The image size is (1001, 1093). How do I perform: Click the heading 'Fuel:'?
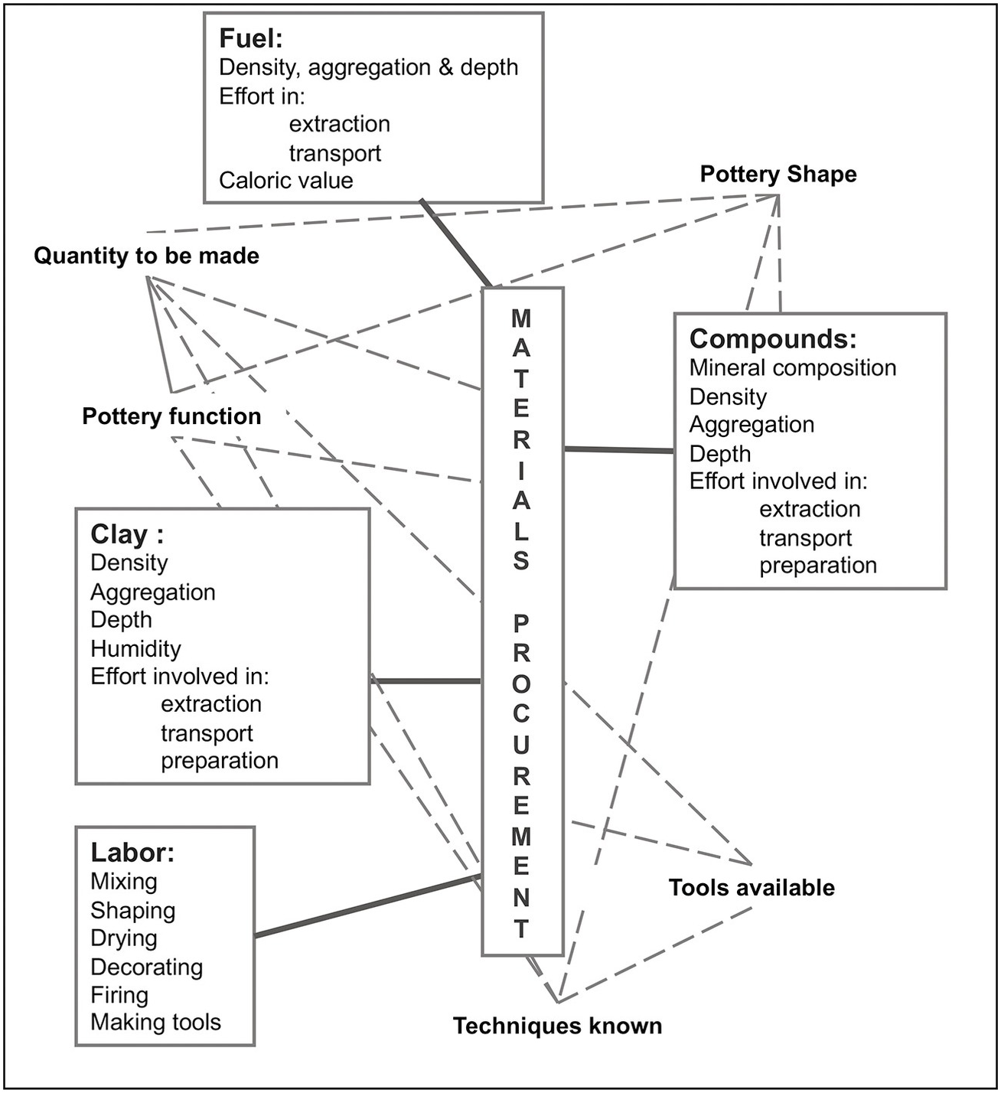(x=251, y=38)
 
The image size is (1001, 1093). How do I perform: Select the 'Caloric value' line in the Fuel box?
(x=286, y=181)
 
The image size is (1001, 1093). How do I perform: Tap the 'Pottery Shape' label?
(x=778, y=175)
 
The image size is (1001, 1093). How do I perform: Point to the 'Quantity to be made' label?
(x=146, y=256)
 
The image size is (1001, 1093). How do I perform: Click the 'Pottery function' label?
(x=171, y=416)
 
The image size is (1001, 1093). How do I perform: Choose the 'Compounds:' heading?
(x=773, y=338)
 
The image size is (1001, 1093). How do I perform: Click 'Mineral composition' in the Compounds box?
(x=793, y=367)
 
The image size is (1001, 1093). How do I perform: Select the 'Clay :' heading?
(x=127, y=534)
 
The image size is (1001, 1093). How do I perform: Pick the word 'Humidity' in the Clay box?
(x=135, y=648)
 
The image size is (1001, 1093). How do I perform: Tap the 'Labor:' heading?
(x=132, y=853)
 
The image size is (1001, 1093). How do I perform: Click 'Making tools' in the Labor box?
(x=155, y=1023)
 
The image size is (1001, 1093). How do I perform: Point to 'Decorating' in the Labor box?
(x=146, y=967)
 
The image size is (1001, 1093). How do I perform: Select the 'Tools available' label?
(x=752, y=888)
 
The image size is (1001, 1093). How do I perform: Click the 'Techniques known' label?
(x=557, y=1026)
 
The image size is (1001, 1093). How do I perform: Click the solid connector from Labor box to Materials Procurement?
(x=367, y=906)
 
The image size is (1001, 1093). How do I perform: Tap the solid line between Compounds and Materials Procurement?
(x=618, y=450)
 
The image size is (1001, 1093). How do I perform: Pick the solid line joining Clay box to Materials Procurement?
(x=426, y=680)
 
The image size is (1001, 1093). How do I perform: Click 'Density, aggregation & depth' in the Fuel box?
(x=368, y=67)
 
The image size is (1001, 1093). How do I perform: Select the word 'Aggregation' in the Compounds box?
(x=752, y=425)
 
